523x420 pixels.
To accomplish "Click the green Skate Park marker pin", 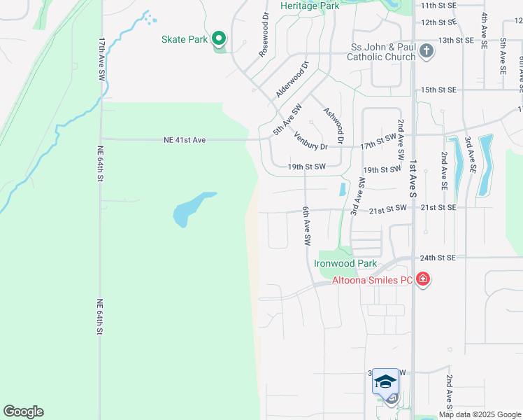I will pyautogui.click(x=219, y=38).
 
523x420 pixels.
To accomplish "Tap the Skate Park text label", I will pyautogui.click(x=184, y=39).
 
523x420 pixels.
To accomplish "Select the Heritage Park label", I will pyautogui.click(x=309, y=6).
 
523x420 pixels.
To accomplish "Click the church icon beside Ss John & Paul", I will pyautogui.click(x=426, y=52).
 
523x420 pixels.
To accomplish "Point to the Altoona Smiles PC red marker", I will pyautogui.click(x=422, y=280).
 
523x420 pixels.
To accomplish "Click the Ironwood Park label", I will pyautogui.click(x=345, y=264).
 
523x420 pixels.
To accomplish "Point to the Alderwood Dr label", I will pyautogui.click(x=292, y=79).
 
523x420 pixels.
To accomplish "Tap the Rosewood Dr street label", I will pyautogui.click(x=264, y=35).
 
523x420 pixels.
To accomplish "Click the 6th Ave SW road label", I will pyautogui.click(x=306, y=225).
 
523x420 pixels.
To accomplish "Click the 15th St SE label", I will pyautogui.click(x=438, y=90).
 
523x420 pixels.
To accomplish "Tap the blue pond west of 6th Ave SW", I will pyautogui.click(x=192, y=209).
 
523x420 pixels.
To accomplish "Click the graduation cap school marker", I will pyautogui.click(x=385, y=381).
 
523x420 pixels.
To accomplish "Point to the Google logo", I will pyautogui.click(x=23, y=412).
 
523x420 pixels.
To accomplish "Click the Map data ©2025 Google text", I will pyautogui.click(x=480, y=414).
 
